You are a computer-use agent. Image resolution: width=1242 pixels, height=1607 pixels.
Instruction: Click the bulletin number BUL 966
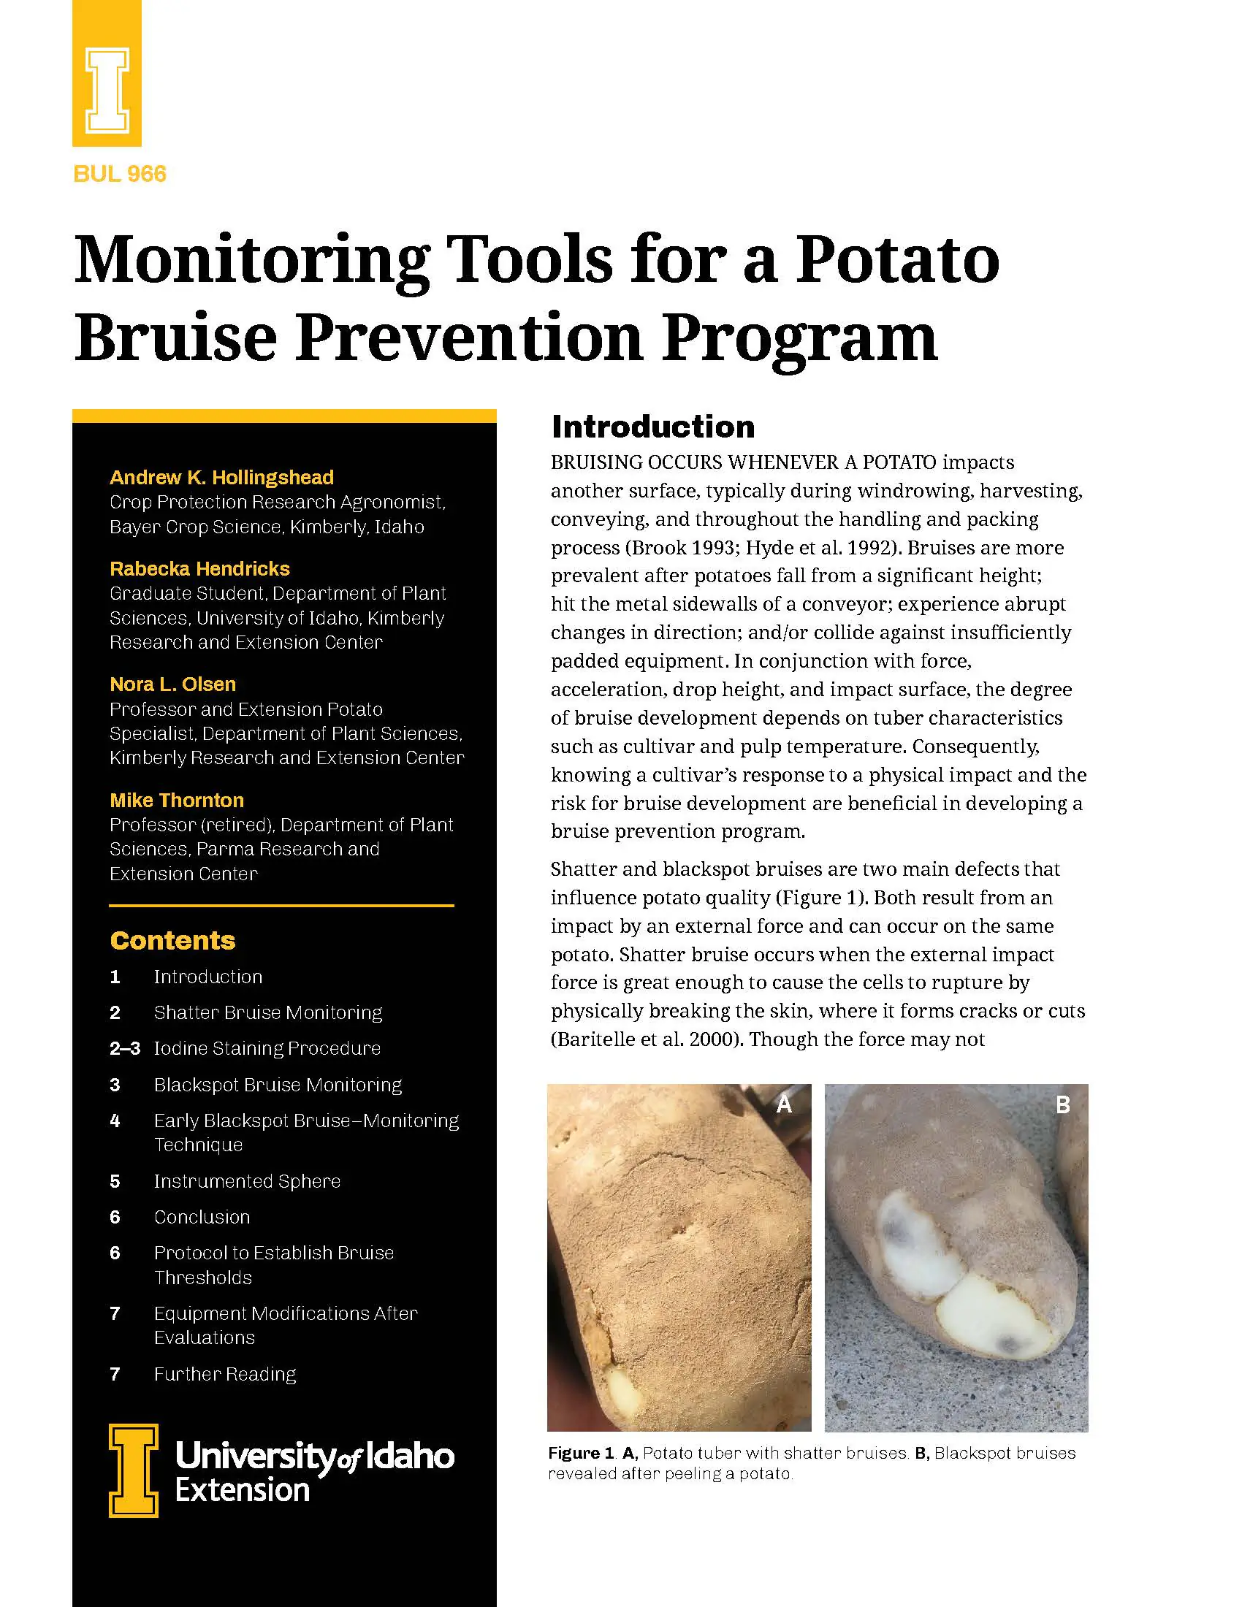point(120,175)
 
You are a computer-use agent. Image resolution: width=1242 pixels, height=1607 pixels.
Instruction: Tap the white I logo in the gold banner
point(107,91)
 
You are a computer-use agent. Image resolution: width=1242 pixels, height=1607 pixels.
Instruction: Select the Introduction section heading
point(653,427)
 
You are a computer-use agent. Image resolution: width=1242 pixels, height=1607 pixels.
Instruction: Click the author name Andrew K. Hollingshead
point(221,478)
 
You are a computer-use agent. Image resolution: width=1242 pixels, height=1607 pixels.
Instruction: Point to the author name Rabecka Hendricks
point(199,569)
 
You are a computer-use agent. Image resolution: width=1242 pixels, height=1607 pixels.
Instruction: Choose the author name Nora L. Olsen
point(173,684)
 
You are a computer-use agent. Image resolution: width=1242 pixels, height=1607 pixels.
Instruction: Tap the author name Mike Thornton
point(177,801)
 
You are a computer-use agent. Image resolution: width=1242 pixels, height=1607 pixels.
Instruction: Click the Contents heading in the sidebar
point(173,940)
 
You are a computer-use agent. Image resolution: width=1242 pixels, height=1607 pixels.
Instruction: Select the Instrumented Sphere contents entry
point(247,1181)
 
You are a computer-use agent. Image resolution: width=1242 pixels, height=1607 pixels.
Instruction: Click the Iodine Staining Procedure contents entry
point(267,1048)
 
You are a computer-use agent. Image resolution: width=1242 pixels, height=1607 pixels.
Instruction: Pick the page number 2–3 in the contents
point(124,1048)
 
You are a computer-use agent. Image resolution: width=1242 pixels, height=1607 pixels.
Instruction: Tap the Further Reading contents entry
point(225,1374)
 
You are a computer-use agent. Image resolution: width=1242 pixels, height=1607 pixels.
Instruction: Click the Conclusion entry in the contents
point(202,1217)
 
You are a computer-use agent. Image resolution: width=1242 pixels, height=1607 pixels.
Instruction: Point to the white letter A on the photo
point(785,1104)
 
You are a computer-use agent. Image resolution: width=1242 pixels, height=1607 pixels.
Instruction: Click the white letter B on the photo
point(1062,1104)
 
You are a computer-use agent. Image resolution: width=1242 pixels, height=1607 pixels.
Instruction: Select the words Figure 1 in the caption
point(581,1453)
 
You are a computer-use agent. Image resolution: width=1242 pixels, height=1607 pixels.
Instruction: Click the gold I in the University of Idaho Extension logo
point(133,1470)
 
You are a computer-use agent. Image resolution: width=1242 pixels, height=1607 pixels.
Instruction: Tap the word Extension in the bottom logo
point(242,1490)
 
